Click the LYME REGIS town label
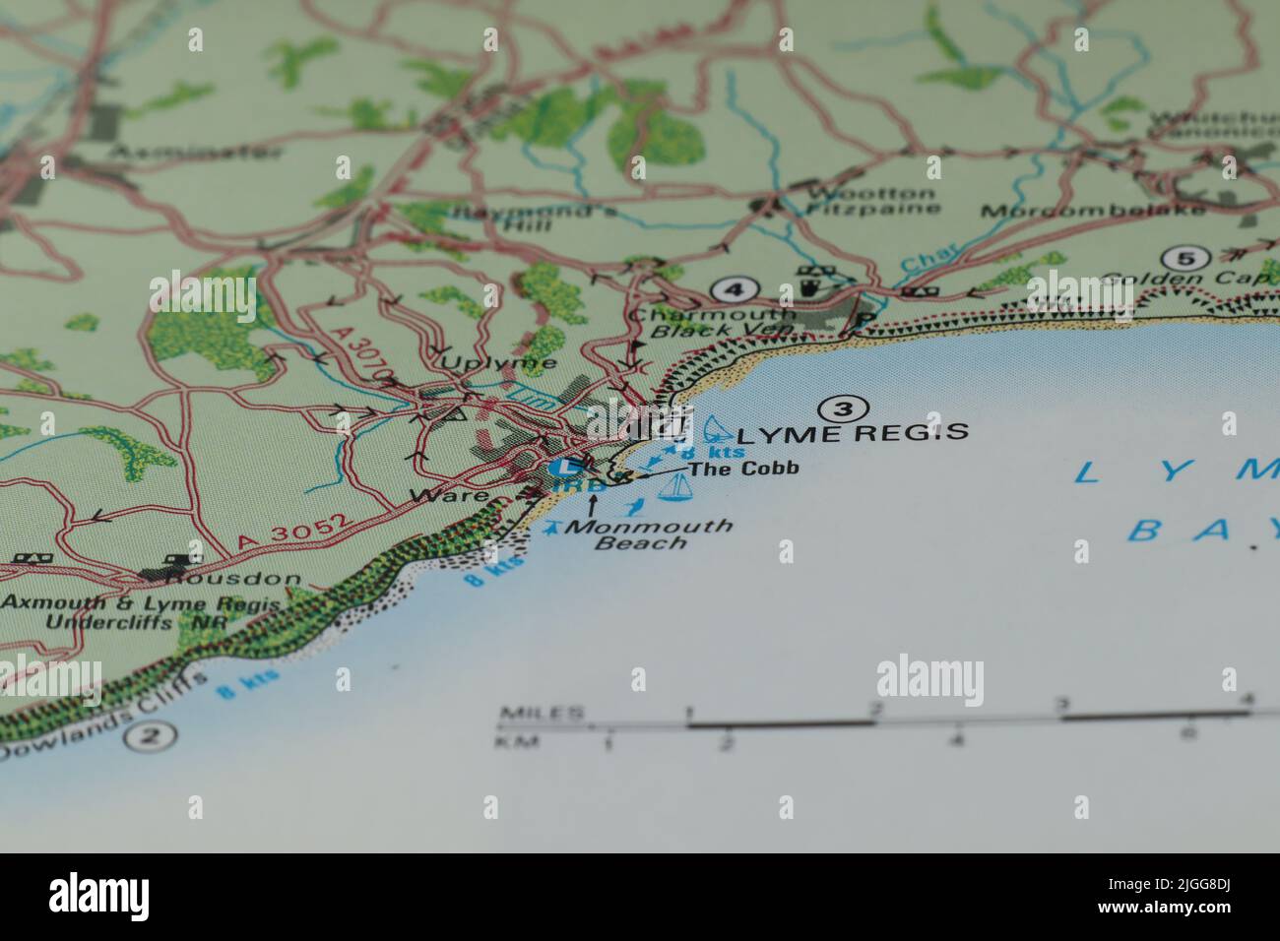853,432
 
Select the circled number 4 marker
732,289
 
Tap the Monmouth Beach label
649,533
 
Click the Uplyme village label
498,362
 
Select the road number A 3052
292,533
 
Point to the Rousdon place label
236,579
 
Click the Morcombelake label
1092,211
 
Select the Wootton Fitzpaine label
870,201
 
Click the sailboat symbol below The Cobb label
674,487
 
